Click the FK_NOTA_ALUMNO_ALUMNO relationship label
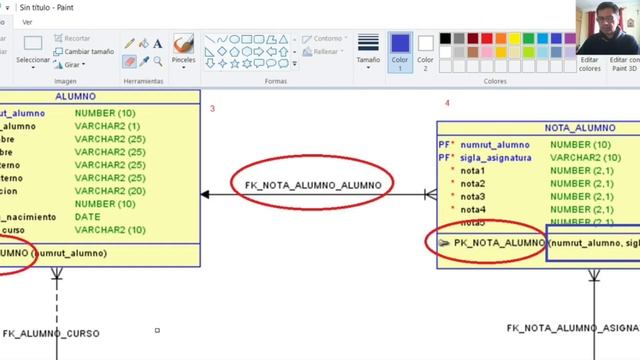click(312, 185)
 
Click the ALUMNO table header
click(76, 97)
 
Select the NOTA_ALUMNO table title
click(581, 129)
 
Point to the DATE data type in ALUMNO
click(87, 216)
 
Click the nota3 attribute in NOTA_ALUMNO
click(473, 197)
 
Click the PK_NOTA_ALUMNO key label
click(499, 243)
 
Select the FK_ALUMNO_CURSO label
click(50, 332)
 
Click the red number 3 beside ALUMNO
click(213, 108)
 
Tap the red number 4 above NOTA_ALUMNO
click(447, 103)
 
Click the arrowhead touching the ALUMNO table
click(205, 194)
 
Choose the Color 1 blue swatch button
click(399, 49)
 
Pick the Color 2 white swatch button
click(426, 49)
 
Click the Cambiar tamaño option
click(84, 51)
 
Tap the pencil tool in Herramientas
click(129, 43)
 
